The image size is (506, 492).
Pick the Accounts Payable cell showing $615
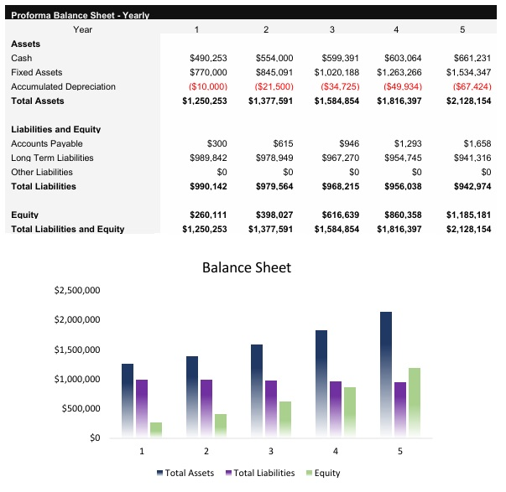click(282, 143)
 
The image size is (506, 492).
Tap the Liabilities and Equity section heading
click(55, 129)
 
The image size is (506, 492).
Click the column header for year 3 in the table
click(331, 29)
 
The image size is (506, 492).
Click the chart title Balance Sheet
click(247, 268)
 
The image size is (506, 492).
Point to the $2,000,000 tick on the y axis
click(77, 319)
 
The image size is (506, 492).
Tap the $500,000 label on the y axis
click(81, 408)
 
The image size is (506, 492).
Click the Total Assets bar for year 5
click(385, 374)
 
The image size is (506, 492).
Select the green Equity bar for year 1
click(155, 429)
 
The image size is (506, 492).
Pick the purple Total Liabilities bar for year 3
click(269, 408)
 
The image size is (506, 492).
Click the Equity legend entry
click(322, 473)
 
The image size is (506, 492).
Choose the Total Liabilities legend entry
click(260, 473)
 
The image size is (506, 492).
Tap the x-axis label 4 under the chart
click(335, 451)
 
